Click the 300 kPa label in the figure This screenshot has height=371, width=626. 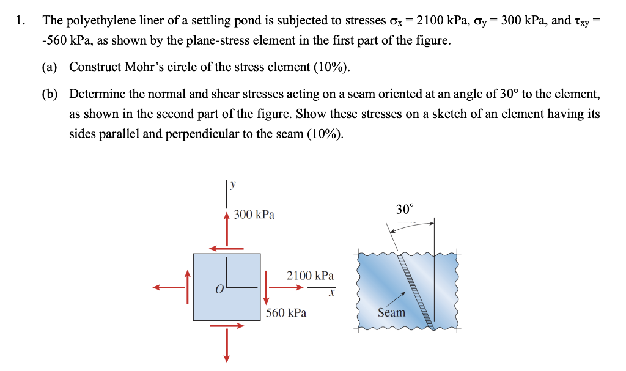254,215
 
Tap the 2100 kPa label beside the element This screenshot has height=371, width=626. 310,276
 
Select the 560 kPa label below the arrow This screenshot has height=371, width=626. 286,313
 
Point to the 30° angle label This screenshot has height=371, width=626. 404,210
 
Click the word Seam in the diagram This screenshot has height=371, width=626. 391,312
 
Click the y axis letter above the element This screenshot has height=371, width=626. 233,183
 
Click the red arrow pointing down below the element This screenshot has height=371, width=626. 226,345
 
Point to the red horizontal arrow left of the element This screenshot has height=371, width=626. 169,287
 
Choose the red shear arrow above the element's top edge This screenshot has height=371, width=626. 226,248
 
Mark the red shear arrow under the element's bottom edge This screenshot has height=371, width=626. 226,326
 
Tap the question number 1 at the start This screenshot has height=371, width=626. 21,20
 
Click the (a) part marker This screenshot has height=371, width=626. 50,67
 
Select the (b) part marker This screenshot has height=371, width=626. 50,94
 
